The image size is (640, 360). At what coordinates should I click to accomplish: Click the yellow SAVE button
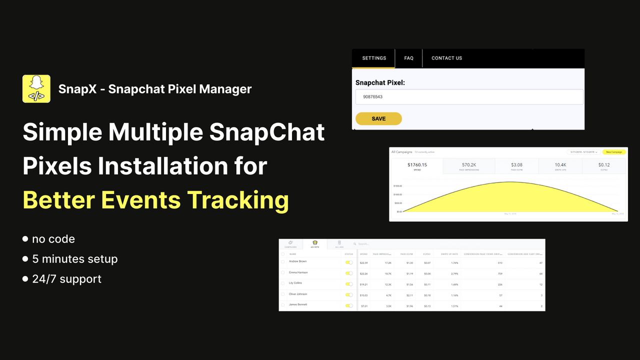click(x=378, y=118)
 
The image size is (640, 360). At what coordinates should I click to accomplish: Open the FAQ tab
click(x=408, y=58)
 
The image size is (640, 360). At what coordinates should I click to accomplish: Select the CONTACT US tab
click(x=446, y=58)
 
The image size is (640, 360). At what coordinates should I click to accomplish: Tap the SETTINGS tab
click(x=374, y=58)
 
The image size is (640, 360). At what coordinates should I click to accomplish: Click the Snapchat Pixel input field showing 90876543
click(x=469, y=96)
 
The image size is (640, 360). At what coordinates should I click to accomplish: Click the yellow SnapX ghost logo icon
click(x=36, y=89)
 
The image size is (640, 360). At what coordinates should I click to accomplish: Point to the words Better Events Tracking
click(x=156, y=200)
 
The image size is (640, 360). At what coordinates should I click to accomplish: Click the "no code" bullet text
click(x=53, y=239)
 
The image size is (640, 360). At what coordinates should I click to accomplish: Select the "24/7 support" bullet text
click(x=66, y=279)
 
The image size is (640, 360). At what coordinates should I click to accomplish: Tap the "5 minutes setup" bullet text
click(x=74, y=259)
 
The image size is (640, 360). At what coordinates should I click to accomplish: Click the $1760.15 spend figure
click(x=416, y=165)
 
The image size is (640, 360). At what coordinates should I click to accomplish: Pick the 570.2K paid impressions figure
click(x=469, y=165)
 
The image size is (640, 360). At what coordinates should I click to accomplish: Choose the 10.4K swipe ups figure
click(x=560, y=165)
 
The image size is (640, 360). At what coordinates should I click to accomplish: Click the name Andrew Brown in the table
click(x=298, y=261)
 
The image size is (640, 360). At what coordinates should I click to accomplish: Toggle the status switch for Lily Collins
click(x=349, y=283)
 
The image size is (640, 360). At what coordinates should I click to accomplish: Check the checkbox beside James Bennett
click(x=283, y=305)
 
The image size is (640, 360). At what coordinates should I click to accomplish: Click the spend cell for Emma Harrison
click(x=363, y=273)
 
